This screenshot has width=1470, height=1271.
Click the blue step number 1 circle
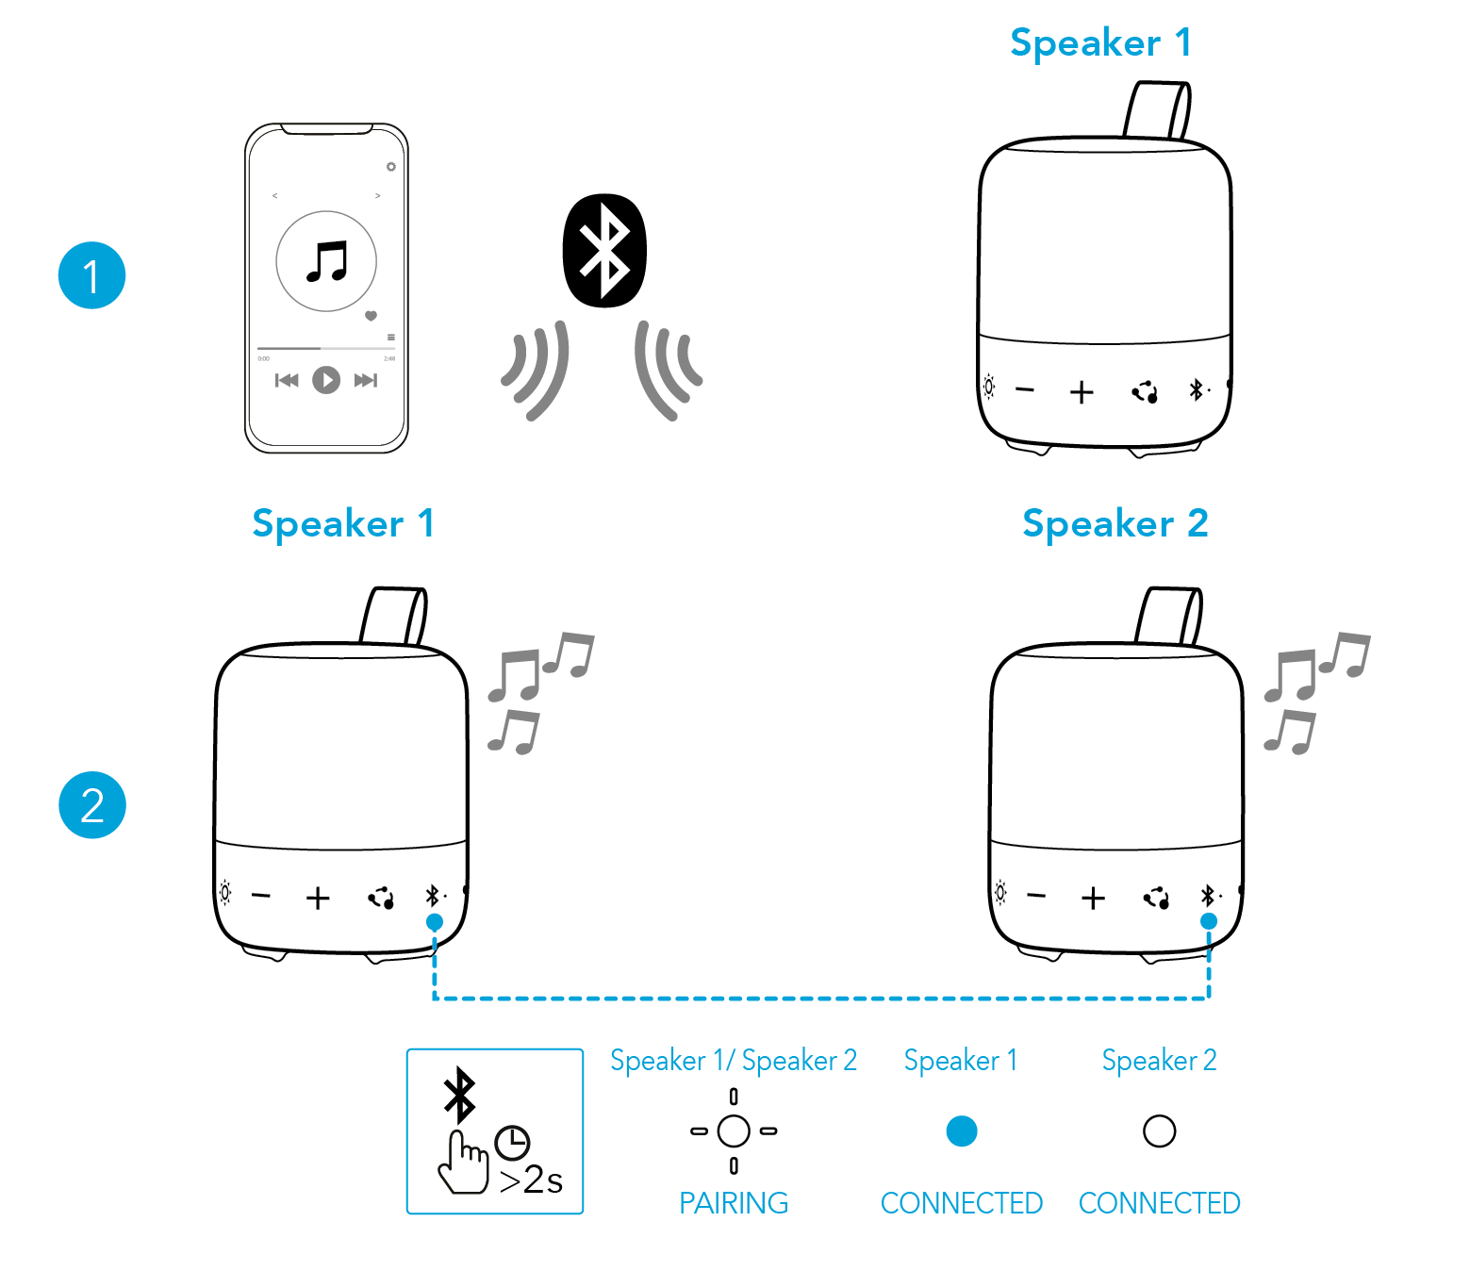91,275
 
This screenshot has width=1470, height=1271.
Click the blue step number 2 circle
91,805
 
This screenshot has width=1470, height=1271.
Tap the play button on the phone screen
326,380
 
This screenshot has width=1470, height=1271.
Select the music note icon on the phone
327,261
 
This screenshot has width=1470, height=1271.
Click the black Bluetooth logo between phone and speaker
604,251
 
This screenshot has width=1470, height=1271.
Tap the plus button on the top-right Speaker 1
1082,392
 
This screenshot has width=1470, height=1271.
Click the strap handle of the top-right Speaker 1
1157,110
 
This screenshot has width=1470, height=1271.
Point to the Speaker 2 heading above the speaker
1115,524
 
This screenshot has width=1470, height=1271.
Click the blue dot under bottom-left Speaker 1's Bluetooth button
434,921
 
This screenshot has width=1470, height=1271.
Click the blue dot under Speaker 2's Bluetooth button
1209,921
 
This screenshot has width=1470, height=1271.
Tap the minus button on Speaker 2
1035,896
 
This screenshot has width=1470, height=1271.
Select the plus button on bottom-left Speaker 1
318,898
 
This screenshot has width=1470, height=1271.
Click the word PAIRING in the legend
734,1203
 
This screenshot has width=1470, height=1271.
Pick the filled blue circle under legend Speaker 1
961,1131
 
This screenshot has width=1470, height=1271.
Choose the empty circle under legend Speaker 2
1159,1131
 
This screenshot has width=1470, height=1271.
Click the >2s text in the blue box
531,1180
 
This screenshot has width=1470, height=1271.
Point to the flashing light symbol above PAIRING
734,1131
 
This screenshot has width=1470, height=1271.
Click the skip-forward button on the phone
366,380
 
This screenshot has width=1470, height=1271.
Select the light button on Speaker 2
1000,892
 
